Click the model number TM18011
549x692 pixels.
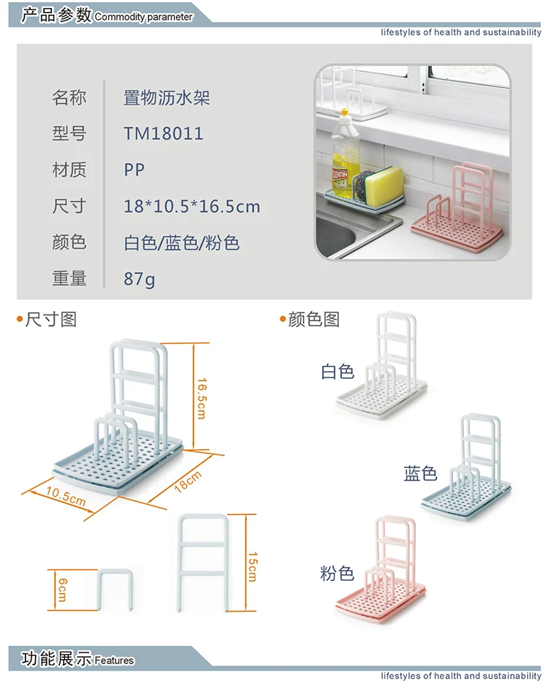[x=163, y=134]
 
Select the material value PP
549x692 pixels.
[x=135, y=170]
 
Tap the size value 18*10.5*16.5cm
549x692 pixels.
[x=192, y=206]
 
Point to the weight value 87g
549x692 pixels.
[x=139, y=279]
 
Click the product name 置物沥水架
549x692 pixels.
[x=167, y=98]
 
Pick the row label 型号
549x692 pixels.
[x=70, y=134]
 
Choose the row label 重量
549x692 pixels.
[x=70, y=279]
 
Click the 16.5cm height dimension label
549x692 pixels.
[x=201, y=398]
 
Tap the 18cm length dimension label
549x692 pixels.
[x=187, y=484]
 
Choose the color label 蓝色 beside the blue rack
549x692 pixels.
[x=420, y=473]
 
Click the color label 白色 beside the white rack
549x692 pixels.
[x=337, y=372]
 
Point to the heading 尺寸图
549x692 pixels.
[x=51, y=320]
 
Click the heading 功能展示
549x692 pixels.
[x=56, y=658]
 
